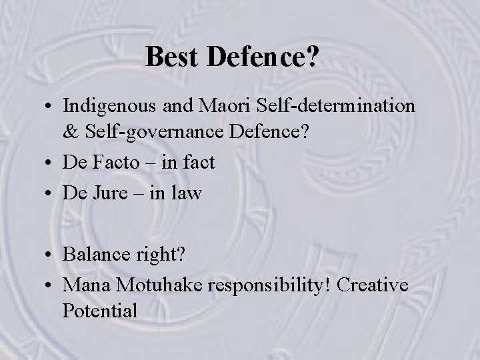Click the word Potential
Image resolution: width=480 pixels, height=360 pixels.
(x=100, y=310)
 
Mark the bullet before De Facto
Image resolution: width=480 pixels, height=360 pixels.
(x=49, y=163)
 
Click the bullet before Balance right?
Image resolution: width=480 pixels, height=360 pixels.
(x=49, y=255)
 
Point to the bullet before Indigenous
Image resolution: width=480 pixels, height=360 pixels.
(x=49, y=106)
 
